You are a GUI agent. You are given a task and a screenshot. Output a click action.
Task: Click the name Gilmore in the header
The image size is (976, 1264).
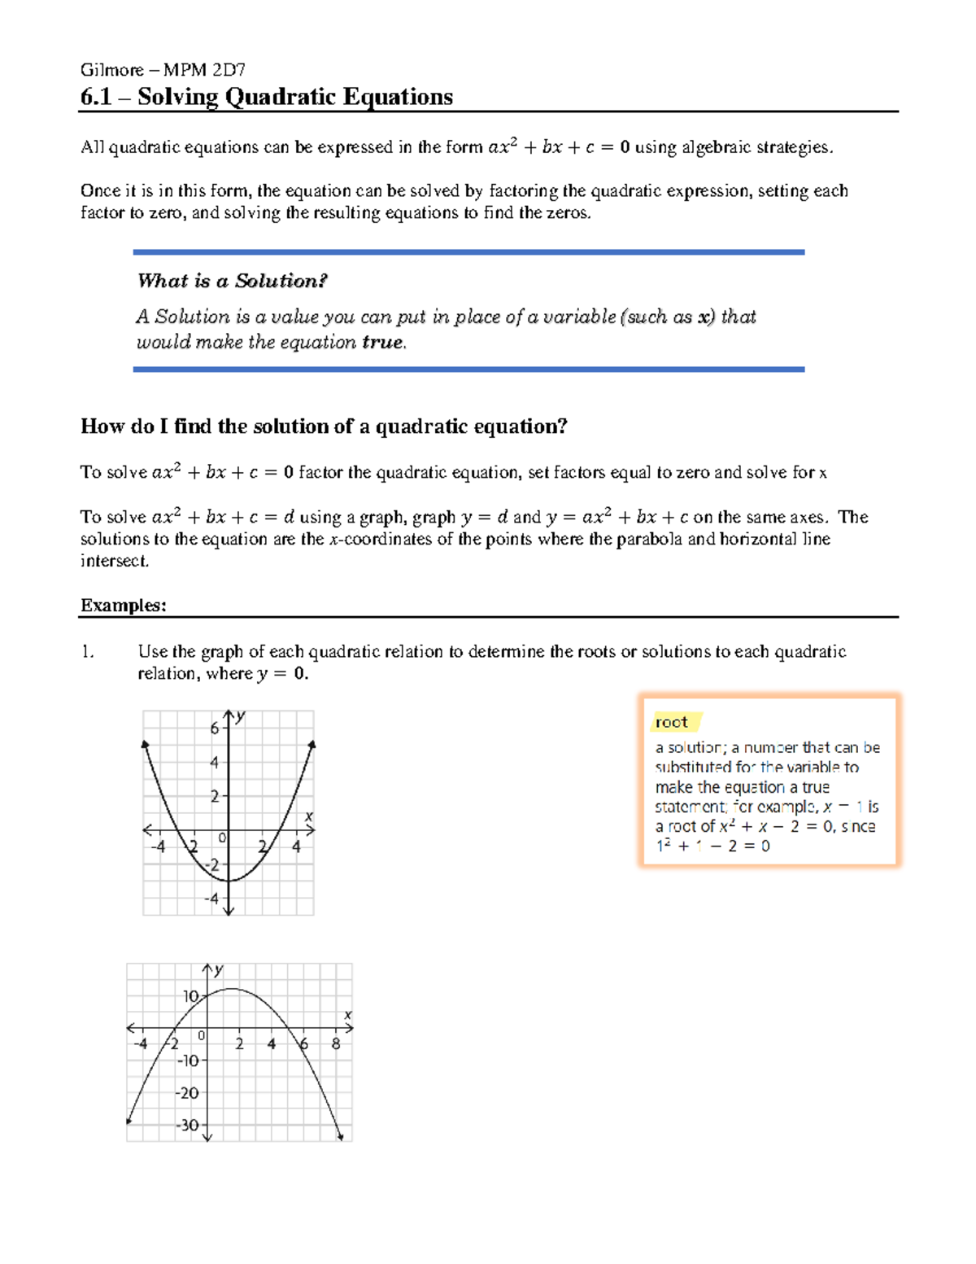[111, 70]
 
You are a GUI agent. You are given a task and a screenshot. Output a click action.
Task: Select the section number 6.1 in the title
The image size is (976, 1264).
[95, 97]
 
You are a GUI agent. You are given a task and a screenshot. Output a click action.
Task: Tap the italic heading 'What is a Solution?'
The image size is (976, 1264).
[232, 281]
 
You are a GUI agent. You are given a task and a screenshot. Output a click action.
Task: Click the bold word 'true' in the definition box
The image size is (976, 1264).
[382, 343]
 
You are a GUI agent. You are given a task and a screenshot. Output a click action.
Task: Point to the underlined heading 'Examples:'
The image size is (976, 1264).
[123, 606]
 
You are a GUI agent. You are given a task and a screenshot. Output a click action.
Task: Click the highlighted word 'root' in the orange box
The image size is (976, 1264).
[671, 722]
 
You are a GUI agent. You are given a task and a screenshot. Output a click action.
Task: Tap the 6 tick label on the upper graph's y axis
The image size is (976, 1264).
[215, 728]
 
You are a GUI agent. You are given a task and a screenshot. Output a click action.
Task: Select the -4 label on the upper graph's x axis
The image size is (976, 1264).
[158, 847]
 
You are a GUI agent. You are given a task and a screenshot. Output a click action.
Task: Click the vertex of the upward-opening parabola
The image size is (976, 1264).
[229, 881]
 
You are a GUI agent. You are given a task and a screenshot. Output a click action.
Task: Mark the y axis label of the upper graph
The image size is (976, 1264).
[242, 716]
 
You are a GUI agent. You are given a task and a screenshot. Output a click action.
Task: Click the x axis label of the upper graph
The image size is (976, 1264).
[309, 816]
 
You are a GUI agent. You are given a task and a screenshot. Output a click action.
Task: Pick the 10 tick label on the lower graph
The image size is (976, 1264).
[191, 996]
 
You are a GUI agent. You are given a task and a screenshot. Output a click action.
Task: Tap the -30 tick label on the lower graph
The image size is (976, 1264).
[188, 1125]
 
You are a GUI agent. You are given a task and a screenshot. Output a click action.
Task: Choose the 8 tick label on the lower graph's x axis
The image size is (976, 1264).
[336, 1043]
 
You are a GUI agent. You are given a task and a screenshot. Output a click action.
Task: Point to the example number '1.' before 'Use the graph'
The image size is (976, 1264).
[87, 652]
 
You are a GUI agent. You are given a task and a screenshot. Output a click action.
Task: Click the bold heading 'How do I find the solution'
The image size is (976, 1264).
[323, 426]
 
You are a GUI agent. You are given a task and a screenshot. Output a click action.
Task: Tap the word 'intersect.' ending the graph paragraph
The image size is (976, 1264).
[115, 561]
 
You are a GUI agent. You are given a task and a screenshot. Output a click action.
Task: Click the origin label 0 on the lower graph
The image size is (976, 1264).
[202, 1035]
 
